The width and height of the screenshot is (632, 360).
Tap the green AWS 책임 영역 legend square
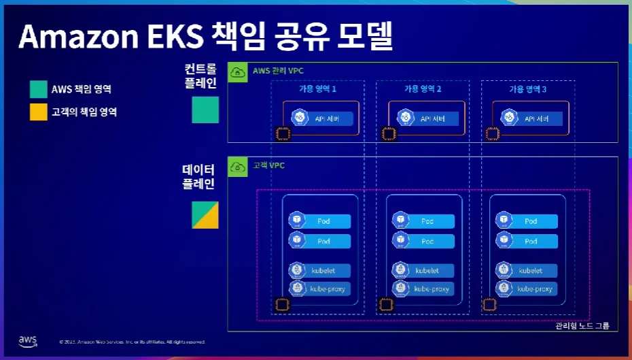39,90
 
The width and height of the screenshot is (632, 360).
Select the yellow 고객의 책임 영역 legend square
39,112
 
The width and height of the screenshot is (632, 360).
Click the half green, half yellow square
205,214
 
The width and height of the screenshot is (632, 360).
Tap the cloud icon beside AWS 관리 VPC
238,71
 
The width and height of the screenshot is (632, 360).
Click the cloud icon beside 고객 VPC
238,167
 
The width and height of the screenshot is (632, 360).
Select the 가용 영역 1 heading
317,89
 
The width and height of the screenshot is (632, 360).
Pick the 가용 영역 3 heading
527,89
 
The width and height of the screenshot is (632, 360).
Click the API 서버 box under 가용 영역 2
423,118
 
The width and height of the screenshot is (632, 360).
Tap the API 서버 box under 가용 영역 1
320,118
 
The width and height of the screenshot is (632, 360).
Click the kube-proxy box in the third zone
527,289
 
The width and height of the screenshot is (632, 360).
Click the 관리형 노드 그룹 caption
582,326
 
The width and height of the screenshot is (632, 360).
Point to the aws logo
28,340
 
